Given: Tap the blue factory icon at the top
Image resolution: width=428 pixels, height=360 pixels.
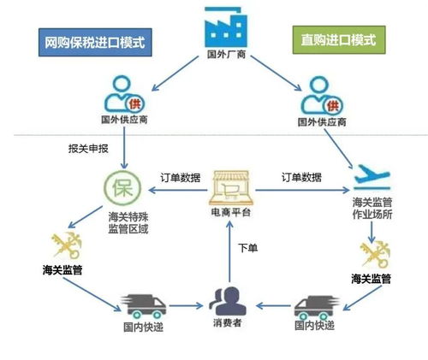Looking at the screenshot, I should coord(224,28).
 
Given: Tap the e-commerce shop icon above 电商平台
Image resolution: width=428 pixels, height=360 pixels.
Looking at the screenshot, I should coord(229,181).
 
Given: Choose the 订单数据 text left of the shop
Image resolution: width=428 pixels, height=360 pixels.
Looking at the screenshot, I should coord(180,177).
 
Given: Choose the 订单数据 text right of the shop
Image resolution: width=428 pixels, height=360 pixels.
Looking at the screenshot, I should coord(301,177).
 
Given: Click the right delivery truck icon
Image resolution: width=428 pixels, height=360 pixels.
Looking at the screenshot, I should coord(312,304).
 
